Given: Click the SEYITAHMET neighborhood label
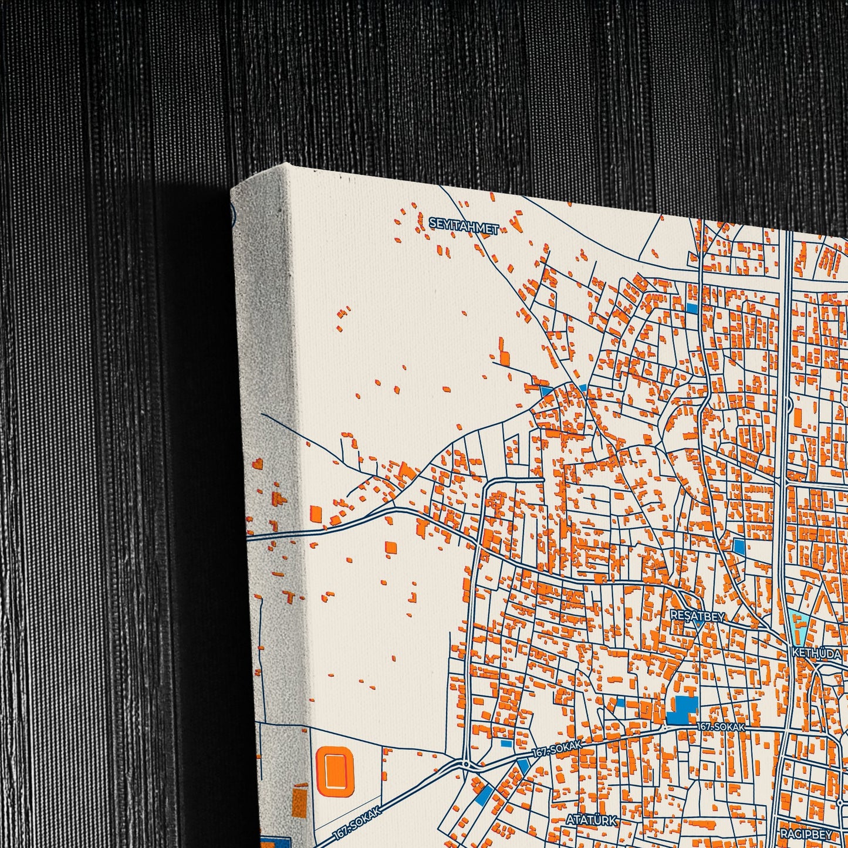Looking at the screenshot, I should click(x=464, y=225).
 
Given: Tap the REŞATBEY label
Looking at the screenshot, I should click(x=697, y=616).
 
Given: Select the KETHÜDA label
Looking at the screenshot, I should click(x=816, y=653).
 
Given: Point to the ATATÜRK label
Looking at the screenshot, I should click(x=591, y=819).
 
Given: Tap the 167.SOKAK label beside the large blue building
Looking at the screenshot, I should click(x=721, y=727).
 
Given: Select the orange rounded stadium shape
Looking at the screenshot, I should click(x=335, y=771).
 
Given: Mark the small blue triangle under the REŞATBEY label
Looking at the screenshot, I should click(x=698, y=626).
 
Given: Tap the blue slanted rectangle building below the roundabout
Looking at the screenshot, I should click(x=485, y=794).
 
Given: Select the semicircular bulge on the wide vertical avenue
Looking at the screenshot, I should click(x=790, y=404).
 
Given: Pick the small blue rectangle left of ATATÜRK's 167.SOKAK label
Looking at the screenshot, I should click(x=506, y=743).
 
